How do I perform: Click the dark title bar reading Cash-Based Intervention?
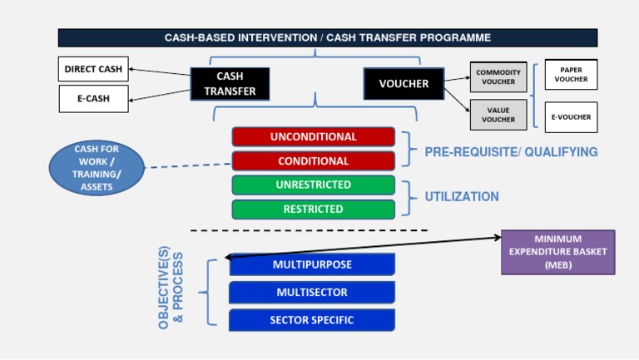(x=327, y=37)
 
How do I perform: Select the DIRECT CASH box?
(x=93, y=69)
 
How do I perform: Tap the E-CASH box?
(x=93, y=99)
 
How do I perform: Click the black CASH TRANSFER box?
(x=230, y=83)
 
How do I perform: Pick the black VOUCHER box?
(x=404, y=83)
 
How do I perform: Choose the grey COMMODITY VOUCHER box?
(x=498, y=76)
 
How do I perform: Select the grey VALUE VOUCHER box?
(x=498, y=115)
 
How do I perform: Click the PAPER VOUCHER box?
(x=571, y=75)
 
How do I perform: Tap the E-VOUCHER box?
(x=571, y=117)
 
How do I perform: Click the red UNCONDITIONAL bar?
(x=313, y=136)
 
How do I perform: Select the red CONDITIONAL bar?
(x=313, y=160)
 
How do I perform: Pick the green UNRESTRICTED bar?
(x=313, y=185)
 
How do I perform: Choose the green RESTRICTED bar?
(x=313, y=209)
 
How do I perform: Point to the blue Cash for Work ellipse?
(x=97, y=169)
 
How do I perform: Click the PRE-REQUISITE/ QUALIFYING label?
(x=511, y=152)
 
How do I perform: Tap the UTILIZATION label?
(x=462, y=197)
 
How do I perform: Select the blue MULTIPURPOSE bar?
(x=312, y=264)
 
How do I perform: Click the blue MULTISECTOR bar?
(x=312, y=292)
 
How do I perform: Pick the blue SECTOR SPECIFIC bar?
(x=312, y=319)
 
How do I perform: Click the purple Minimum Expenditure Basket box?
(x=557, y=252)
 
